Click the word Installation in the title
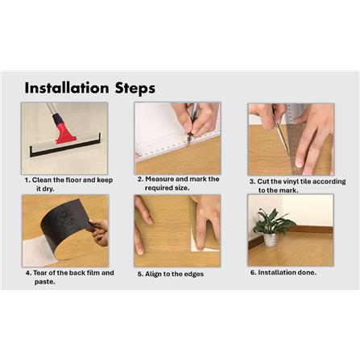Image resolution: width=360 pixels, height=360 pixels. (x=67, y=88)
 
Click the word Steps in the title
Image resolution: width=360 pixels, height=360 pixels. (x=135, y=89)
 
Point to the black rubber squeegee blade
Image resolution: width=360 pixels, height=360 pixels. (x=64, y=150)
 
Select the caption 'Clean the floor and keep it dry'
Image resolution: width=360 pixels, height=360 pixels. (x=68, y=184)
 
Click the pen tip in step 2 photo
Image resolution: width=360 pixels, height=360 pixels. (x=188, y=143)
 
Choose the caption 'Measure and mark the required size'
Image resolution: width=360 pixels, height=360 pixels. (x=179, y=184)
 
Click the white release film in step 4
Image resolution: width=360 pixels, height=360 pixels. (x=39, y=251)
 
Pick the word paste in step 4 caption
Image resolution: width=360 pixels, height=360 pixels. (x=45, y=282)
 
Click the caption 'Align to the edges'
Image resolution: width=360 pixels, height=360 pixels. (x=171, y=274)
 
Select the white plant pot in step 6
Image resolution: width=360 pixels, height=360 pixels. (x=271, y=240)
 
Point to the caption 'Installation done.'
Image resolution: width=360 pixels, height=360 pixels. (x=283, y=272)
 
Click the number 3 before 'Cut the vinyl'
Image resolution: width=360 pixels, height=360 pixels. (x=252, y=182)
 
